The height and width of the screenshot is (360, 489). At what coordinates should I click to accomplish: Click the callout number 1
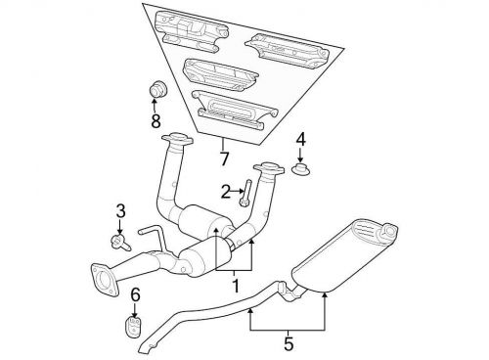pyautogui.click(x=235, y=286)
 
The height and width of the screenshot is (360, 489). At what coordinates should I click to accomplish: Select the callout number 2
pyautogui.click(x=226, y=192)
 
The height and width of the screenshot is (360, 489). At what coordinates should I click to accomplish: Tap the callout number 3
pyautogui.click(x=120, y=211)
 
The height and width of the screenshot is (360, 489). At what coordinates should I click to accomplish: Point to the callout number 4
pyautogui.click(x=300, y=140)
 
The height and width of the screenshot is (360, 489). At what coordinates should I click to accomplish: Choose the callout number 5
pyautogui.click(x=289, y=344)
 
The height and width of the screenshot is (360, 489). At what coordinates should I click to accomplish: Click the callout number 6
pyautogui.click(x=135, y=294)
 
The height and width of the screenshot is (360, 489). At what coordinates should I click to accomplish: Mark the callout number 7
pyautogui.click(x=224, y=158)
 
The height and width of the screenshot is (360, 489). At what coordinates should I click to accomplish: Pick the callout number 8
pyautogui.click(x=156, y=121)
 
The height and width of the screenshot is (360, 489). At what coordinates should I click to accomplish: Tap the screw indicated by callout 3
pyautogui.click(x=120, y=243)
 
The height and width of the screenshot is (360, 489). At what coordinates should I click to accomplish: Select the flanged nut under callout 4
pyautogui.click(x=300, y=169)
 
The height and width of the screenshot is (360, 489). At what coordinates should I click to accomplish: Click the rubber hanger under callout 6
pyautogui.click(x=133, y=325)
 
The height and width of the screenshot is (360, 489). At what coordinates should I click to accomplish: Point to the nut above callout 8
pyautogui.click(x=157, y=88)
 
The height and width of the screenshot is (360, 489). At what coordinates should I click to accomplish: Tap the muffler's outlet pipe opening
pyautogui.click(x=390, y=231)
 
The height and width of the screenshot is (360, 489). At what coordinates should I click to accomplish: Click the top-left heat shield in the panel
pyautogui.click(x=191, y=31)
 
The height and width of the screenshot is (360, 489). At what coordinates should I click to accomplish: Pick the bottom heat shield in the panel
pyautogui.click(x=234, y=110)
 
